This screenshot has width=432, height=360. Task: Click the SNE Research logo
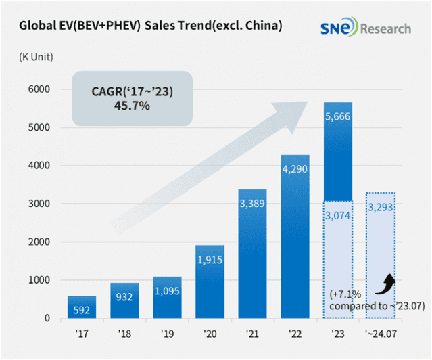[365, 28]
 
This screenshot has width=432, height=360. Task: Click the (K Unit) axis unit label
[36, 57]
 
